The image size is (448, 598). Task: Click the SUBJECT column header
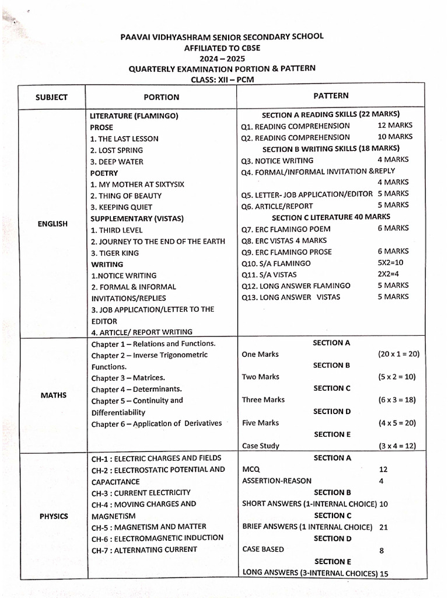coord(51,97)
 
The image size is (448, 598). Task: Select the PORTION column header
coord(162,97)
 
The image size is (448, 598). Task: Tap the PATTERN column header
coord(331,95)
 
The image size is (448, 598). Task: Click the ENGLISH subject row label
coord(53,224)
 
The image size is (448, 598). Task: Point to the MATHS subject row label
coord(53,395)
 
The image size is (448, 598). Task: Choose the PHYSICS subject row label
coord(54,516)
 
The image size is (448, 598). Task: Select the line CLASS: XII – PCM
coord(222,79)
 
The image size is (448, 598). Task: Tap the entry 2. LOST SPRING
coord(117,150)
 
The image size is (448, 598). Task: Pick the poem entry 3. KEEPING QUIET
coord(121,207)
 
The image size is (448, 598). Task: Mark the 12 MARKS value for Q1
coord(395,125)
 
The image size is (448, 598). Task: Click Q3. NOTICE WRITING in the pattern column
coord(277,160)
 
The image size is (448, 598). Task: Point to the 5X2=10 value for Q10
coord(394,263)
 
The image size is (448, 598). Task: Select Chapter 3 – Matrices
coord(128,378)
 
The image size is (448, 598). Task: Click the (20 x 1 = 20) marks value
coord(398,354)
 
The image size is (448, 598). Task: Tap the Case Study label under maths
coord(260,446)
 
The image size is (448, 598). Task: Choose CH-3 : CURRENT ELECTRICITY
coord(141,493)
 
